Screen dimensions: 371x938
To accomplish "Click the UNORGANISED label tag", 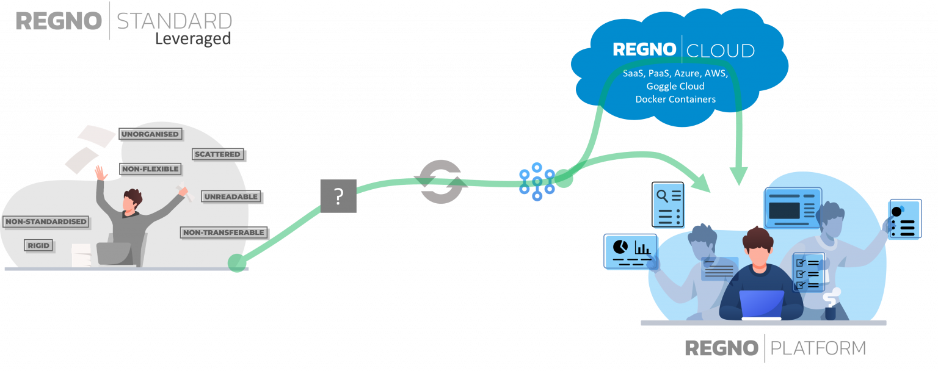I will [150, 134].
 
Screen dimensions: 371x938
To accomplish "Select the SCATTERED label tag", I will [218, 154].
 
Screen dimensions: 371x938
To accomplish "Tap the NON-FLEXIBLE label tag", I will [150, 169].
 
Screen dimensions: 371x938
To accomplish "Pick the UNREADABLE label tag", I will [231, 196].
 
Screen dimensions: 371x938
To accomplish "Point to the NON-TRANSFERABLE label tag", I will [224, 232].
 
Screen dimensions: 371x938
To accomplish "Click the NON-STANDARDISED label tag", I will [46, 222].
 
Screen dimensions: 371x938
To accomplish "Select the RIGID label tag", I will [38, 245].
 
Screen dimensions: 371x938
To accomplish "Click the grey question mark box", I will [338, 196].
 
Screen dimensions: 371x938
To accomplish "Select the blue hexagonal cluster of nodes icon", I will [536, 181].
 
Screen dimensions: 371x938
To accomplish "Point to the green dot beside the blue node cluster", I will [563, 178].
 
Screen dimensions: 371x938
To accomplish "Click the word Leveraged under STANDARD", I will [192, 39].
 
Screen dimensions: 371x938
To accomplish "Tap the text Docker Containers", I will [675, 99].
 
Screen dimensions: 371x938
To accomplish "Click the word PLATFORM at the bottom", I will [818, 348].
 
